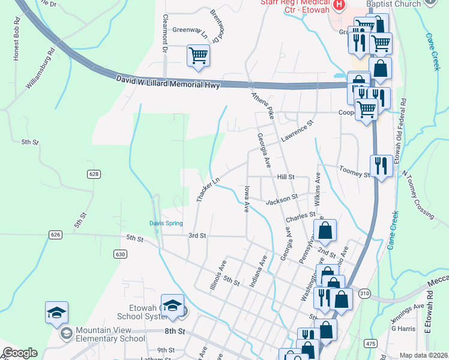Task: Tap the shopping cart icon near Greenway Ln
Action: point(198,56)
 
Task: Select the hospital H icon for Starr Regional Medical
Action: point(340,5)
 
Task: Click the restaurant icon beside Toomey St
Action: point(381,165)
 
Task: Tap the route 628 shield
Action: point(93,174)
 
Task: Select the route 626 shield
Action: point(56,234)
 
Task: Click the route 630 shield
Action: point(121,254)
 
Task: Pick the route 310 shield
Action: point(364,293)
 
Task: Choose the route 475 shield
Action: point(370,343)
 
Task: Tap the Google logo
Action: point(20,353)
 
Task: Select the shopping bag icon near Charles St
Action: point(325,230)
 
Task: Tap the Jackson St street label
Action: point(282,198)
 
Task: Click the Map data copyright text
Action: point(424,355)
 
